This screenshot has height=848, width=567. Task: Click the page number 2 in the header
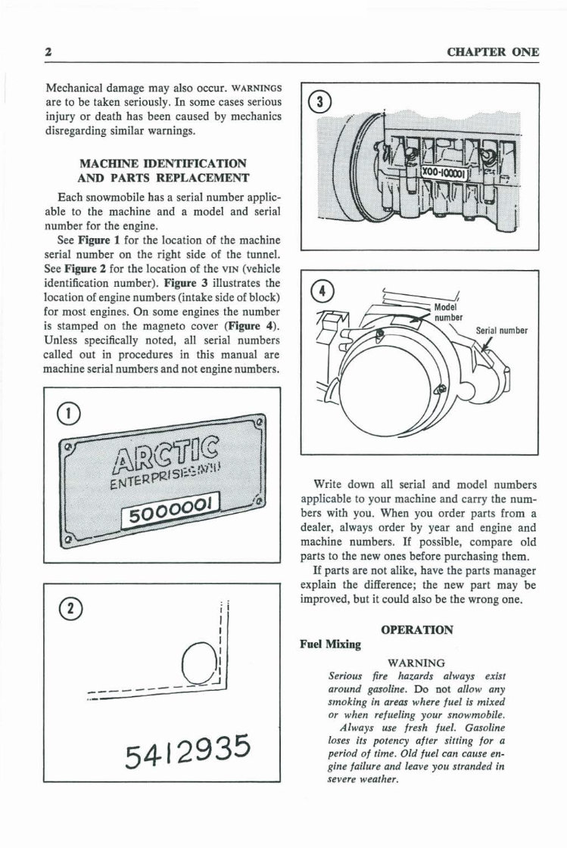(48, 52)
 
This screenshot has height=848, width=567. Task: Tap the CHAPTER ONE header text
(493, 52)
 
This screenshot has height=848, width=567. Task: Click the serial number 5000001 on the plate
(171, 508)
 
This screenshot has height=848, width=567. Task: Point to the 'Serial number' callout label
(502, 331)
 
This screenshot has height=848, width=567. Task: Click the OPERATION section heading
(417, 629)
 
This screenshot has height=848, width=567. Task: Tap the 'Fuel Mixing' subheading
(331, 645)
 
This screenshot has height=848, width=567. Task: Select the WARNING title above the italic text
(416, 663)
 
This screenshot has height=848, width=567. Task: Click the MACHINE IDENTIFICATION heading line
(163, 163)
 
